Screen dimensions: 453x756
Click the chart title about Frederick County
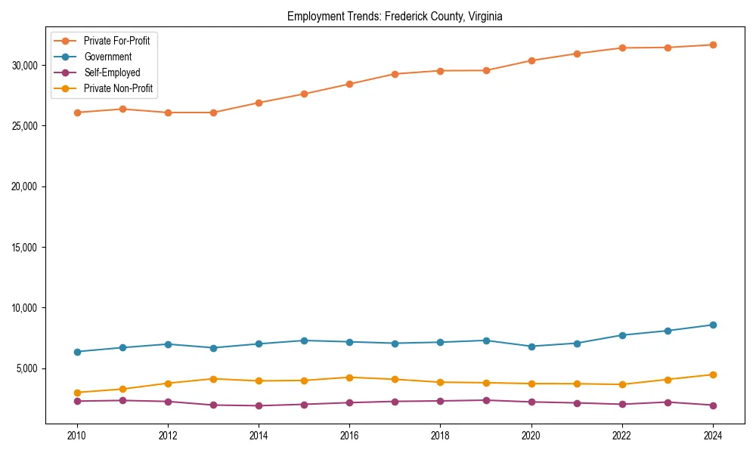click(394, 17)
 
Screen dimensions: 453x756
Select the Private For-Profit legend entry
click(116, 41)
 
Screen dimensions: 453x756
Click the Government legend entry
click(107, 57)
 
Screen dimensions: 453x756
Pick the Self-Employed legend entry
click(112, 72)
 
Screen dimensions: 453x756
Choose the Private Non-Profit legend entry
click(118, 88)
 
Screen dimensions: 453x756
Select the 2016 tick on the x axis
click(349, 436)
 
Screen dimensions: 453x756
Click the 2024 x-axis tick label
click(713, 436)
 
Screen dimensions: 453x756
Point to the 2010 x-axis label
click(76, 436)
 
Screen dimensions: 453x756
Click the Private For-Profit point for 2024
click(713, 45)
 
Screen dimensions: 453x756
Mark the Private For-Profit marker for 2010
click(76, 112)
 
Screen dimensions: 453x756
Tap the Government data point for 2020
click(531, 347)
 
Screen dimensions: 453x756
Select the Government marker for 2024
click(713, 325)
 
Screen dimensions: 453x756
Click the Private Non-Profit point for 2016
click(349, 377)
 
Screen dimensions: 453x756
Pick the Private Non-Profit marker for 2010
click(76, 393)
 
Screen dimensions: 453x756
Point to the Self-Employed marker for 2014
click(259, 405)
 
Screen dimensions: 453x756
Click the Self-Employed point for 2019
click(486, 400)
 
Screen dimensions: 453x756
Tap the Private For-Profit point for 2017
click(395, 74)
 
